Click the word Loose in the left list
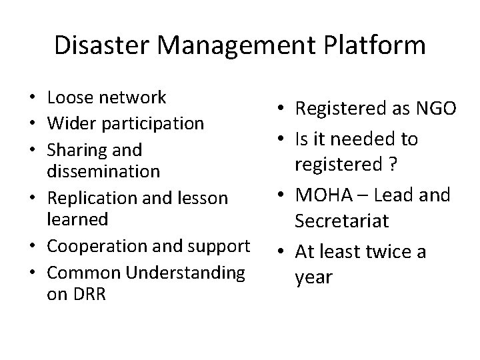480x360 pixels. [69, 98]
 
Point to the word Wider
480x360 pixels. [70, 123]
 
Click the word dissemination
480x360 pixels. [103, 172]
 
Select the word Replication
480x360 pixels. [86, 198]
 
